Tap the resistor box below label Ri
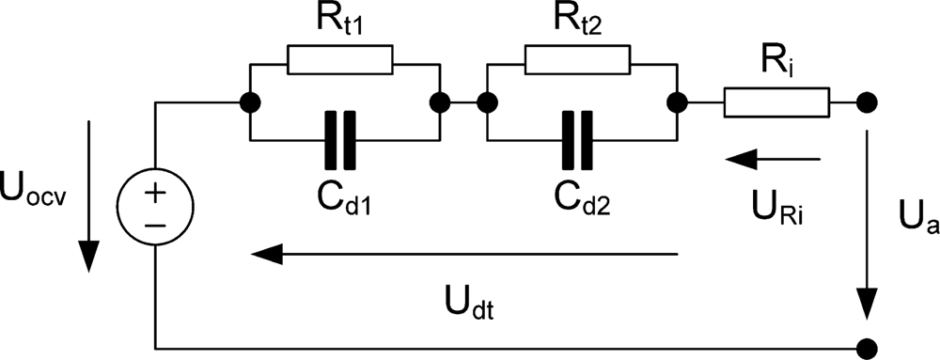776,102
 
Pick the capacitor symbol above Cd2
577,138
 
